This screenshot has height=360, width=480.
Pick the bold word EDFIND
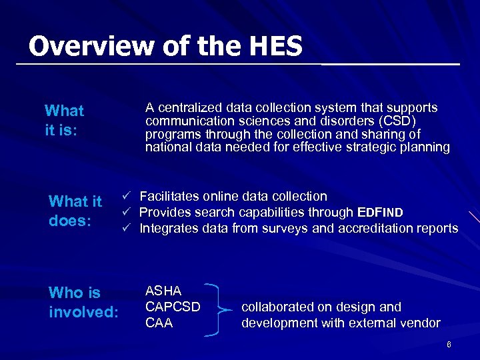point(380,213)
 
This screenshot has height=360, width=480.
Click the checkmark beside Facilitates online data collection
point(125,197)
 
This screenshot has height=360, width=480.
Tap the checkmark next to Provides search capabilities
point(125,213)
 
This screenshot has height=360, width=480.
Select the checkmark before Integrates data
point(125,229)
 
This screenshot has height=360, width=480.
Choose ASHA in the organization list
point(163,291)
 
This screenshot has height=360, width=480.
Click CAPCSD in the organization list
point(173,307)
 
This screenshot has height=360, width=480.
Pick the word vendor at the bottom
point(419,323)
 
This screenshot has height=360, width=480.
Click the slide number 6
point(449,345)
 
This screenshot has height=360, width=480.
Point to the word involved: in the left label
point(84,312)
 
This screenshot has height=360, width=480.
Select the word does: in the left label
point(70,221)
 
